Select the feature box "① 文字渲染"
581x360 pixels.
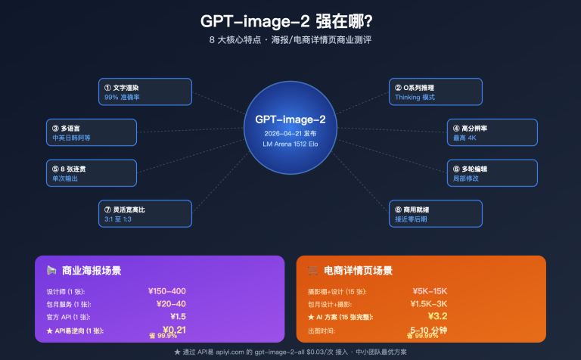pyautogui.click(x=144, y=92)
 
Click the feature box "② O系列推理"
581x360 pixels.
pyautogui.click(x=435, y=92)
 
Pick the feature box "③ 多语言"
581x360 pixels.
pyautogui.click(x=92, y=132)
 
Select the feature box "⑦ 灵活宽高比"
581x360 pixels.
pyautogui.click(x=144, y=213)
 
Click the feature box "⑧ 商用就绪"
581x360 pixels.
pyautogui.click(x=435, y=213)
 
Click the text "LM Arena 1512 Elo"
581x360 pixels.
pyautogui.click(x=290, y=144)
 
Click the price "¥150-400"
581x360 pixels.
pyautogui.click(x=167, y=290)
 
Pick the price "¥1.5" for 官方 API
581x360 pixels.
pyautogui.click(x=178, y=316)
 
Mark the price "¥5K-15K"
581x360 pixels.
pyautogui.click(x=430, y=290)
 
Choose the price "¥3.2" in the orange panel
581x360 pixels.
pyautogui.click(x=438, y=316)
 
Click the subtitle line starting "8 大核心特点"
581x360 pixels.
pyautogui.click(x=290, y=39)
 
